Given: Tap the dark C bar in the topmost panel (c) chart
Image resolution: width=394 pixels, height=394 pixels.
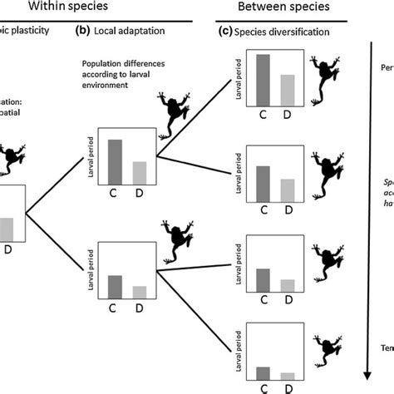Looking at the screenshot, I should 263,80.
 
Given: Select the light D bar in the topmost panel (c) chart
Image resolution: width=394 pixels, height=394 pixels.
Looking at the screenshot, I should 287,90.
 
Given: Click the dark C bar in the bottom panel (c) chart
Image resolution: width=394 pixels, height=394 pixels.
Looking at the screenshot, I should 263,372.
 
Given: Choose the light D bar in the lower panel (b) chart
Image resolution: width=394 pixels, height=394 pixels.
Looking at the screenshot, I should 140,292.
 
